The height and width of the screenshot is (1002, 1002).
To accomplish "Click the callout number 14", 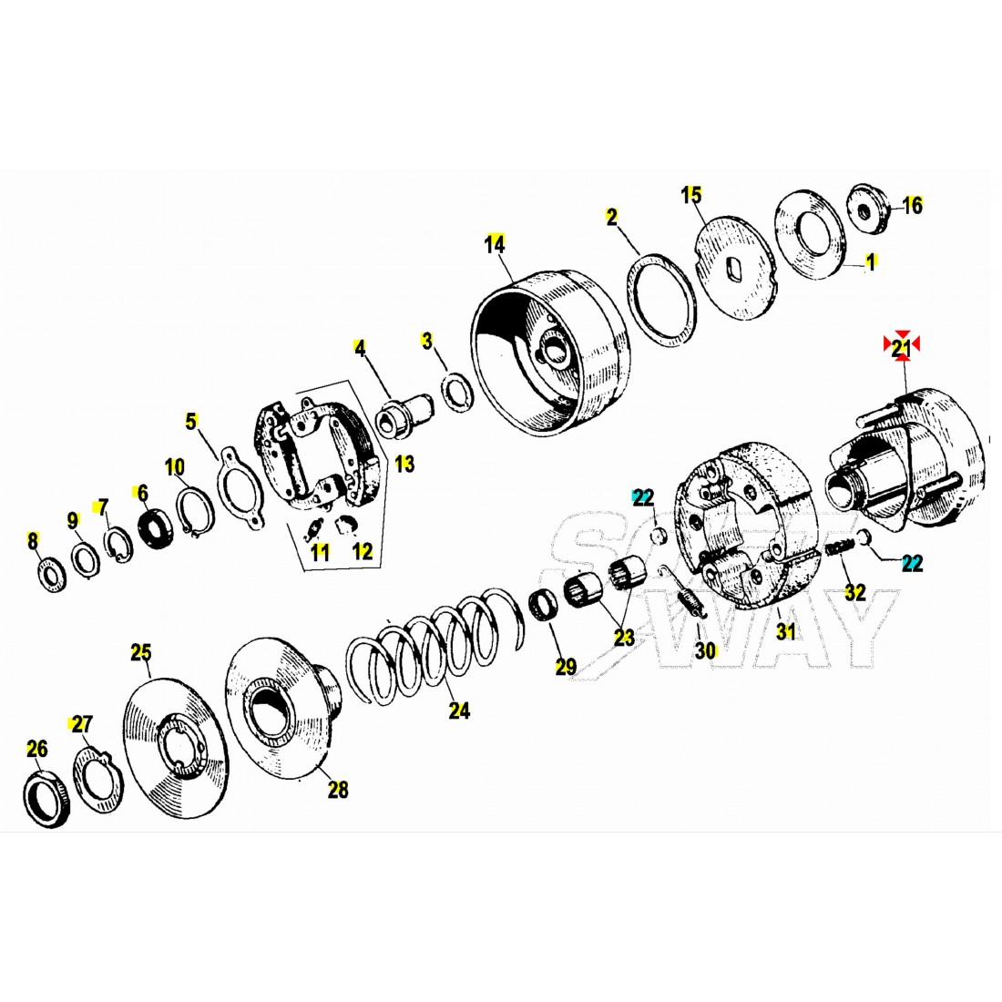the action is [x=495, y=244].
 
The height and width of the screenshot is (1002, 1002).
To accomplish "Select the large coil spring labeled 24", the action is [x=435, y=646].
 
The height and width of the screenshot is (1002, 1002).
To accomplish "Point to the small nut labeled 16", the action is [x=867, y=209].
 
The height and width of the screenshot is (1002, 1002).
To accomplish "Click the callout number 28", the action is [x=338, y=790].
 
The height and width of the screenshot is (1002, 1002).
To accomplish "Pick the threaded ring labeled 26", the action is [x=47, y=800].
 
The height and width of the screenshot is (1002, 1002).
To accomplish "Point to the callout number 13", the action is [x=404, y=464].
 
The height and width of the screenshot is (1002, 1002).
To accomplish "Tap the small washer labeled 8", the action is [x=50, y=575].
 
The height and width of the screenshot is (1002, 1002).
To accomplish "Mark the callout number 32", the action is [x=855, y=592].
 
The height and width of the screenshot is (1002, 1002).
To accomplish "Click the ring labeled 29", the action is [x=544, y=609].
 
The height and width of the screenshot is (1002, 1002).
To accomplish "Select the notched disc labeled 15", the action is [x=734, y=268].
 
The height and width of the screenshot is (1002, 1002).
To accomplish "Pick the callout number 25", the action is [x=141, y=653].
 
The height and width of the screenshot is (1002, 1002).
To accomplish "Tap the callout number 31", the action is [x=786, y=631].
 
